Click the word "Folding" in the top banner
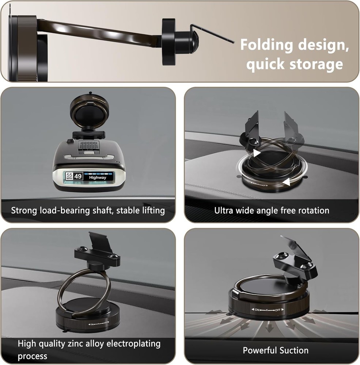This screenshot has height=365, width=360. [266, 46]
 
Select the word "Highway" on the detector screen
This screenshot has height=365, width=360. [97, 177]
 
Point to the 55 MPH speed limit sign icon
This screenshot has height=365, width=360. [69, 176]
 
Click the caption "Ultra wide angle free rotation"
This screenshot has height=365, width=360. [272, 211]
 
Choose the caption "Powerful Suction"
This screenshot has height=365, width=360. [276, 350]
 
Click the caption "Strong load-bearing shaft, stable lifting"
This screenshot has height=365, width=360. [88, 211]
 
